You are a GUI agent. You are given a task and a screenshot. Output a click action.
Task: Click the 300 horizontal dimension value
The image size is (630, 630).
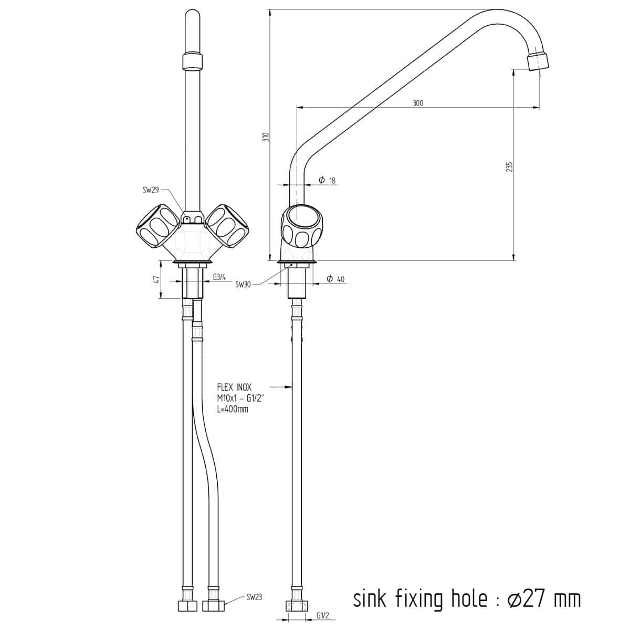(x=417, y=103)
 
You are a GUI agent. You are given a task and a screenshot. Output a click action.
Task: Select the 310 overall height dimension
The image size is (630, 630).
(x=266, y=136)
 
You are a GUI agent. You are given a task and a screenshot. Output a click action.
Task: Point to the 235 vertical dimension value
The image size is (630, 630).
(x=509, y=166)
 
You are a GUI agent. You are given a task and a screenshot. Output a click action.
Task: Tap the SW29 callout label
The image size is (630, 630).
(x=151, y=190)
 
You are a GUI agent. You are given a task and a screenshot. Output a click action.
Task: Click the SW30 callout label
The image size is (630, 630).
(x=243, y=285)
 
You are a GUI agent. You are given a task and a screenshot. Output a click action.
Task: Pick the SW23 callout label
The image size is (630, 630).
(x=254, y=597)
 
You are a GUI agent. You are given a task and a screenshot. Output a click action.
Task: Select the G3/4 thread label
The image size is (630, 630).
(x=219, y=277)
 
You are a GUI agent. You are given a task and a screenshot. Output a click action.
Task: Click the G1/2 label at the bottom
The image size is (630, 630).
(x=323, y=616)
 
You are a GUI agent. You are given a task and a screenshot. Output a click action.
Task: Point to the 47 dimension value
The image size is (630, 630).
(x=157, y=279)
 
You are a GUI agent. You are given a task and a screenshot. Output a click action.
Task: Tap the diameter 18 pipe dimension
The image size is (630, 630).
(x=327, y=180)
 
